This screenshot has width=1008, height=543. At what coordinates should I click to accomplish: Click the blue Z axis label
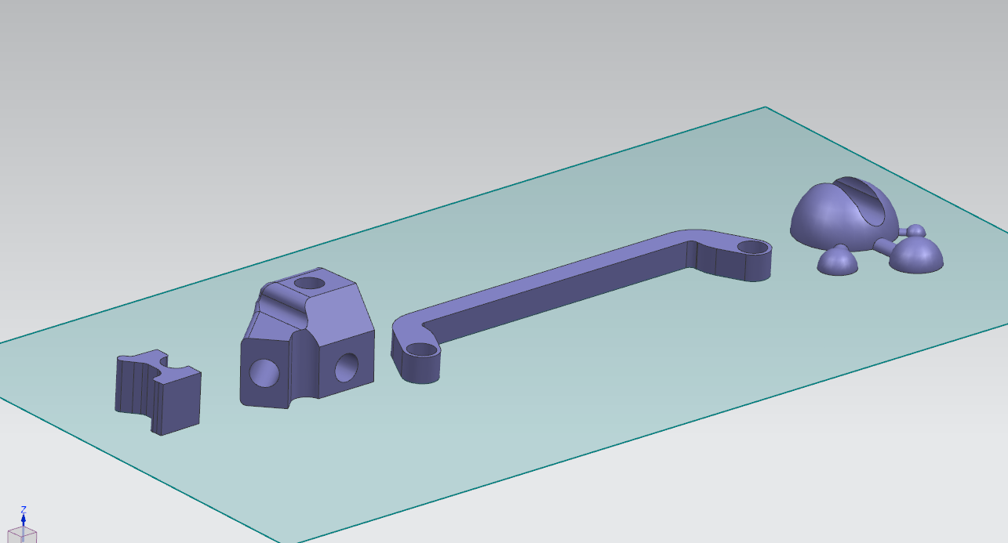click(x=24, y=509)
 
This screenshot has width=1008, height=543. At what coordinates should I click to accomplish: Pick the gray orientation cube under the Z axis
click(x=23, y=535)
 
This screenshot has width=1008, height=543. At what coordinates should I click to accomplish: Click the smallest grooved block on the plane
click(x=158, y=392)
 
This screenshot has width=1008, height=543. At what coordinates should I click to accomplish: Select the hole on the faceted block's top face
click(x=309, y=283)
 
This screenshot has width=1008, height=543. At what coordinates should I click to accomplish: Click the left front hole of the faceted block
click(x=264, y=373)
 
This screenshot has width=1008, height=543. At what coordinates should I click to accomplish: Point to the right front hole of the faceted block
click(x=347, y=367)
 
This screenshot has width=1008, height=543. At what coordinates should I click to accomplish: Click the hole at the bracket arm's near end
click(x=423, y=349)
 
